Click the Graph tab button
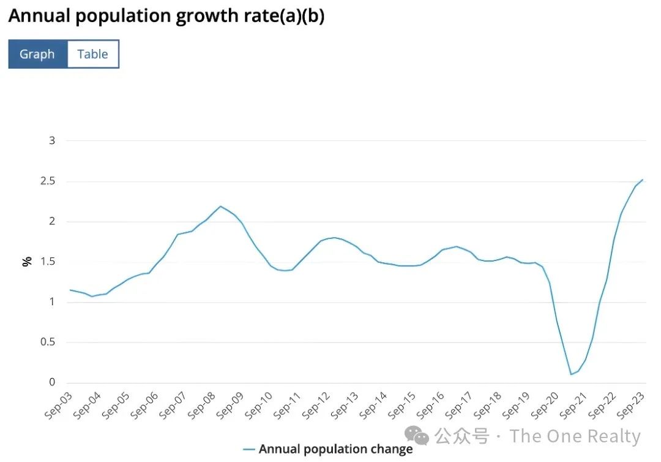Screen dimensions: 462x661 pos(37,54)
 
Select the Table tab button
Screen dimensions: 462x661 pos(92,54)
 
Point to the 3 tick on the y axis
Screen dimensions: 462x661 pos(52,140)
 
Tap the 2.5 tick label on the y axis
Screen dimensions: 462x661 pos(48,181)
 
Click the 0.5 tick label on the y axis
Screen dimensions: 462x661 pos(48,342)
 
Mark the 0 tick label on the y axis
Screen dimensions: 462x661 pos(52,382)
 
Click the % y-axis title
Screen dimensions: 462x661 pos(27,262)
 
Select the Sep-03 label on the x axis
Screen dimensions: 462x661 pos(58,404)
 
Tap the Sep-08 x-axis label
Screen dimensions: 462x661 pos(201,404)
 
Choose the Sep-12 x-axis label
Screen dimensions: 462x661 pos(316,404)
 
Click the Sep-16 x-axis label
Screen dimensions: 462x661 pos(431,404)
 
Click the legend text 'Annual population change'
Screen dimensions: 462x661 pos(335,449)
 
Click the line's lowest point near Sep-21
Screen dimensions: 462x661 pos(571,374)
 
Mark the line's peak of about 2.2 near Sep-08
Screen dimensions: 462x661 pos(220,206)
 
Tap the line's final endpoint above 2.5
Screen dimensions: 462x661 pos(642,180)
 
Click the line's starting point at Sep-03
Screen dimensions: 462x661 pos(70,290)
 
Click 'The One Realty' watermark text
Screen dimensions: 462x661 pos(575,436)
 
